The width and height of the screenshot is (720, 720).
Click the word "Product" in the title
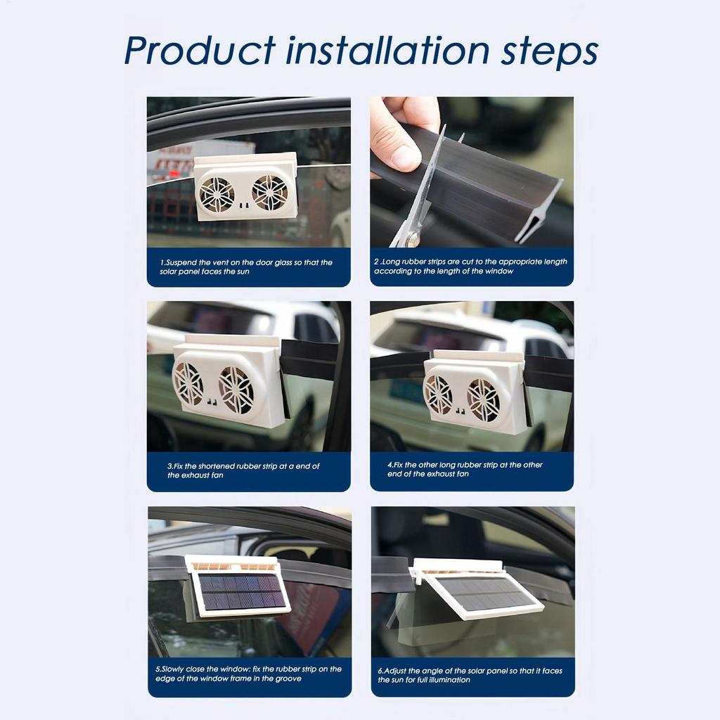coord(200,51)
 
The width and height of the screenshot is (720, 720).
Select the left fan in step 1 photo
coord(217,194)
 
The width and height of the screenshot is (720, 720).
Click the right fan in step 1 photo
coord(270,193)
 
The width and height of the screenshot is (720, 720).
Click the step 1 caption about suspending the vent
coord(246,266)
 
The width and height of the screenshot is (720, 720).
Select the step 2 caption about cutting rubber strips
coord(470,266)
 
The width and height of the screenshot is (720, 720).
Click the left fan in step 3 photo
coord(188,383)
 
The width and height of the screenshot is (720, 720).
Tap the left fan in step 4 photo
coord(438,394)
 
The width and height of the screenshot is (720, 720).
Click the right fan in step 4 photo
coord(483,400)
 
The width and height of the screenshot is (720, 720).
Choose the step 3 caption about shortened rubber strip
coord(243,470)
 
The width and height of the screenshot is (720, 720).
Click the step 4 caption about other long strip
coord(465,469)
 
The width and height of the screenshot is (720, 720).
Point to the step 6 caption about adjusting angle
coord(470,675)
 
